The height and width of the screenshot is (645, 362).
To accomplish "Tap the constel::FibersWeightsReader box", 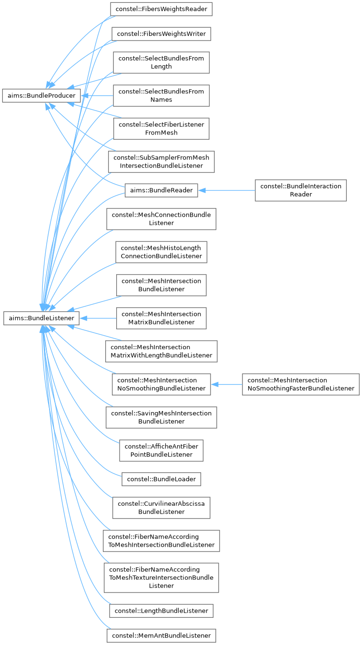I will click(x=161, y=9).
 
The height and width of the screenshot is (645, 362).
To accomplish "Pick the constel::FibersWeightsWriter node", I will click(x=161, y=34).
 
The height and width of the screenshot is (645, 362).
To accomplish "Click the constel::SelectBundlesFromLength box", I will click(x=161, y=62).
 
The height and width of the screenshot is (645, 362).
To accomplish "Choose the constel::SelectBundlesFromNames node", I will click(x=161, y=95).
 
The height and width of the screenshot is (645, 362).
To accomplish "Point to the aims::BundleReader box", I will click(x=161, y=190).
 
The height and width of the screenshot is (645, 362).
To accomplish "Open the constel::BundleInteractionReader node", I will click(x=301, y=190).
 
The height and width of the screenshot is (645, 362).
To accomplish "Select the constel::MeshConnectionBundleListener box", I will click(x=161, y=219).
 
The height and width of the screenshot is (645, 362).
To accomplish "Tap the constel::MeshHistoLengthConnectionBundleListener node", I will click(x=161, y=252).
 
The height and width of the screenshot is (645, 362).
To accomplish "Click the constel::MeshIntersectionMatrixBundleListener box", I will click(x=161, y=318).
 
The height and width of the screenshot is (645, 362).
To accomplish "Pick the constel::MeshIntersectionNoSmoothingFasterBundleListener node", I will click(x=301, y=384).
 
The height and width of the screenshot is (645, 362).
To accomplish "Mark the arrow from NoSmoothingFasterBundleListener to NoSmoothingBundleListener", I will click(x=227, y=384).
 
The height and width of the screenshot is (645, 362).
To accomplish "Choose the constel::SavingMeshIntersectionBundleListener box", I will click(x=161, y=417).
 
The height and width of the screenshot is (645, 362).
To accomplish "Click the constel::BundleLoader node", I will click(x=161, y=479).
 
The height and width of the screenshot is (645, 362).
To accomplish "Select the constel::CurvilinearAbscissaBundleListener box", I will click(x=161, y=508).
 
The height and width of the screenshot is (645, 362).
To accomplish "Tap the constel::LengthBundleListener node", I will click(x=161, y=611).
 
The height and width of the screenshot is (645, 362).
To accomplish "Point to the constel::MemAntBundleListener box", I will click(x=161, y=635).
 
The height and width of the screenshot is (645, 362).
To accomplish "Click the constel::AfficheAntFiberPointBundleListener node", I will click(x=161, y=450).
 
